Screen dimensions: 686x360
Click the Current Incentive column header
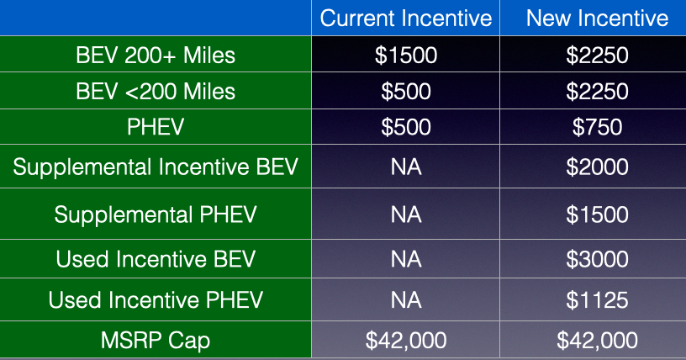tap(405, 19)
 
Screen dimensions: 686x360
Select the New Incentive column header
tap(597, 19)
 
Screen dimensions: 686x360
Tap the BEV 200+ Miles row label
tap(156, 56)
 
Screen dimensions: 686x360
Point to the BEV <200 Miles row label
tap(156, 92)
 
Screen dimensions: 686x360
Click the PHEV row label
tap(156, 127)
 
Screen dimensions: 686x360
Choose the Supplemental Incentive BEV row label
tap(156, 167)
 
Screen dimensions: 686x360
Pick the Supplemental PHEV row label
tap(156, 214)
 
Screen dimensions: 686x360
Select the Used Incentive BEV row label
tap(156, 259)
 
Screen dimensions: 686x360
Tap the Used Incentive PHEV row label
tap(156, 300)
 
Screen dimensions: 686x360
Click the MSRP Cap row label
tap(156, 341)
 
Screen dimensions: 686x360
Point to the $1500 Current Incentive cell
tap(405, 56)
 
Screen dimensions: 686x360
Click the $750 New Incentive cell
tap(597, 127)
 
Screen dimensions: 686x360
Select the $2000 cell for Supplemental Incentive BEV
tap(597, 167)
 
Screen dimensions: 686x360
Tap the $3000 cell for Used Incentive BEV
tap(597, 259)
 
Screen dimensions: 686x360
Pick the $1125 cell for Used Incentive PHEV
tap(597, 300)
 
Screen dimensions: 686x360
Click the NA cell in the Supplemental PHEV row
tap(406, 214)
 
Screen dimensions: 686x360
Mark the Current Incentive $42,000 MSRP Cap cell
tap(405, 341)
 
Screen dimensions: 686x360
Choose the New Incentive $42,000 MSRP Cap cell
tap(597, 341)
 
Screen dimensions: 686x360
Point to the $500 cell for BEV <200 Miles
tap(405, 92)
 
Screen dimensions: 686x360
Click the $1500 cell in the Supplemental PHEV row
tap(597, 214)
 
